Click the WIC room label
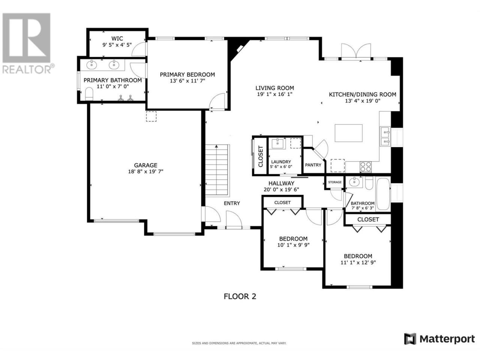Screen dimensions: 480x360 117,39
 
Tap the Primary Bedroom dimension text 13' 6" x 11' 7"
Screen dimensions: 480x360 187,81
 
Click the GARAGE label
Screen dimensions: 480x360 145,165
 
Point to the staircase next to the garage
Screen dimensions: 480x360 217,170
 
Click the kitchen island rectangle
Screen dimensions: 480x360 348,133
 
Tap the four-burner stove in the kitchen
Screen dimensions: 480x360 365,167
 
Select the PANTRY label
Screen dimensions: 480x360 313,165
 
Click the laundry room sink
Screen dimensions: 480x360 277,143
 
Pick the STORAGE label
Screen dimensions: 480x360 334,182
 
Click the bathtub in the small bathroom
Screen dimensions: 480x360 383,194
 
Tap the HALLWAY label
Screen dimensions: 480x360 281,183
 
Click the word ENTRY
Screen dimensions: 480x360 232,203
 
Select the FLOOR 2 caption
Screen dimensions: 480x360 240,296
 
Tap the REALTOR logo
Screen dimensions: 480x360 27,43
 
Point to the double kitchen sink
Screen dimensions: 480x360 385,136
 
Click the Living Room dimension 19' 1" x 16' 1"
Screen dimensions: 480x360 274,94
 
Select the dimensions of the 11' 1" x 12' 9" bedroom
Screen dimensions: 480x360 358,262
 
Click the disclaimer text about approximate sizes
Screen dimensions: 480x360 239,343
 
